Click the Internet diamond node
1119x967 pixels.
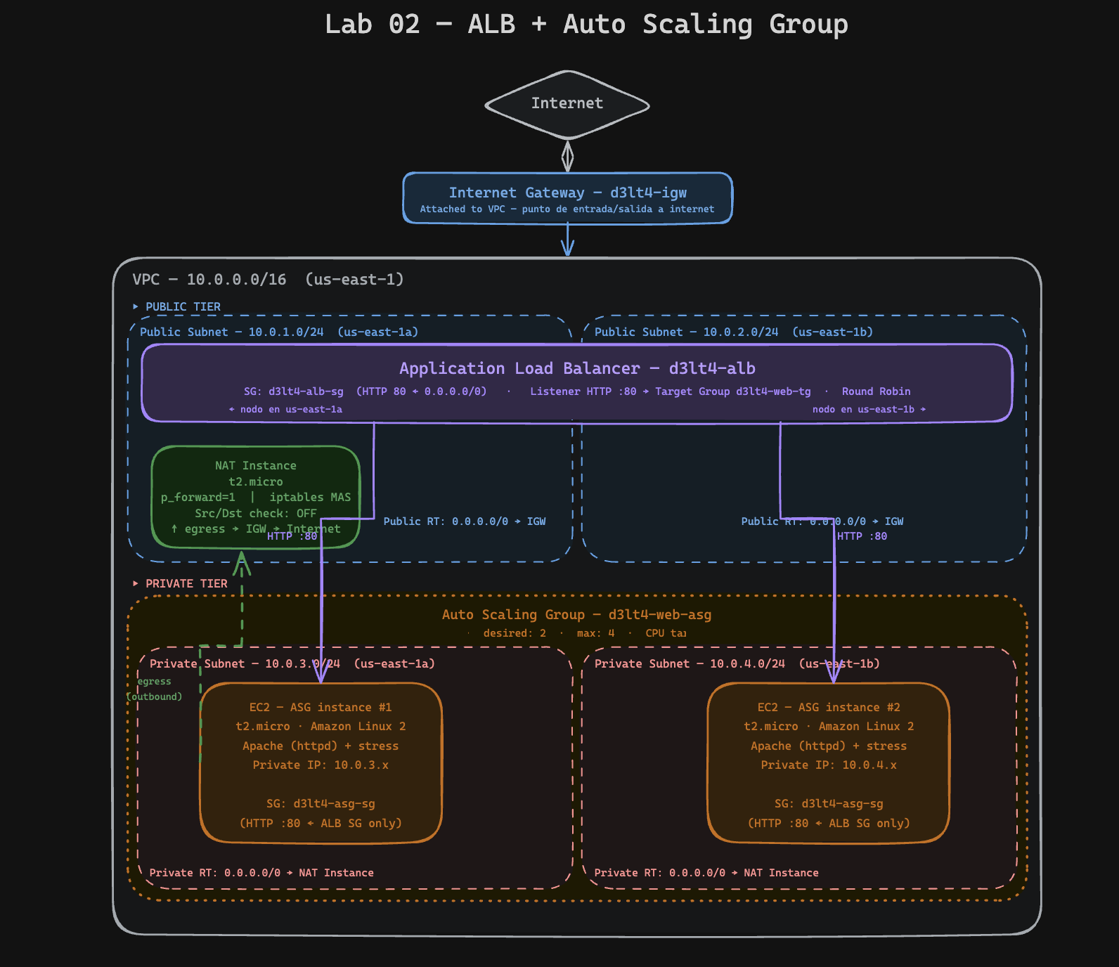pos(567,104)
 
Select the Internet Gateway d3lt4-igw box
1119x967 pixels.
pos(567,198)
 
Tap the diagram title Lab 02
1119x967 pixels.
pos(586,25)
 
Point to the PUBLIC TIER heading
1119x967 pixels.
pos(182,307)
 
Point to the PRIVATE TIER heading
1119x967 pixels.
pos(186,584)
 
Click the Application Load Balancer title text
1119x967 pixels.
pos(577,368)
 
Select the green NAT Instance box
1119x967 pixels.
pos(255,496)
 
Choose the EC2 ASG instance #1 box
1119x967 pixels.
pos(321,763)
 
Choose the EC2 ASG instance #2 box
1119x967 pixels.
pos(828,763)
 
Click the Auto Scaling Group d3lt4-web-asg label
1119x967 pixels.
pos(576,615)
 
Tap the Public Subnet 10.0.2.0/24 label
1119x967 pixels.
pos(733,332)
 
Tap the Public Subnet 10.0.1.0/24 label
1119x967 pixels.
pos(278,332)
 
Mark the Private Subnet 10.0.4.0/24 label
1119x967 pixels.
pos(737,664)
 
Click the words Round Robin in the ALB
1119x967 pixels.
pos(876,391)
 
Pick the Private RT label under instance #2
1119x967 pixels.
pos(706,873)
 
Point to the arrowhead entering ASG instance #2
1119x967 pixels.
pos(834,676)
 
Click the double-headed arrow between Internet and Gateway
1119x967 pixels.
pos(567,156)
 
